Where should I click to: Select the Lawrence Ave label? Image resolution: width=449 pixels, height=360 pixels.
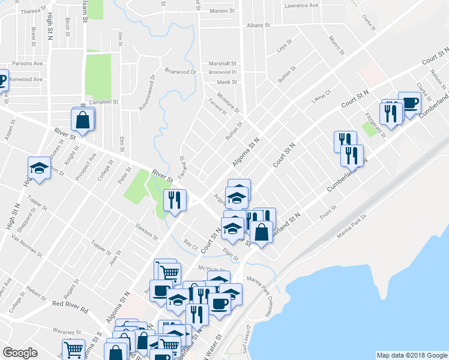pos(302,5)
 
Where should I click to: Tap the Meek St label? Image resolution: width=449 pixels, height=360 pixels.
pos(228,82)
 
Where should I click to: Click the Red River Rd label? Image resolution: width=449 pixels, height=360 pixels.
pos(70,303)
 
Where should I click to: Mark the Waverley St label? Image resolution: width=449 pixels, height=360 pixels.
pos(66,331)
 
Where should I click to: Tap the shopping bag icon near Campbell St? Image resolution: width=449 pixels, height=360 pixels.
pos(83,119)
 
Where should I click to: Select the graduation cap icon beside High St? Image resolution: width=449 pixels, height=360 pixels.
pos(39,169)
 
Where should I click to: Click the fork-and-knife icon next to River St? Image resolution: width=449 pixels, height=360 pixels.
pos(174,200)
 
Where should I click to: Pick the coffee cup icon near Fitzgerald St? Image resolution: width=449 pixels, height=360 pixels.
pos(409,103)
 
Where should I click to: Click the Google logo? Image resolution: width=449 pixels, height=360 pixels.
pos(20,353)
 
